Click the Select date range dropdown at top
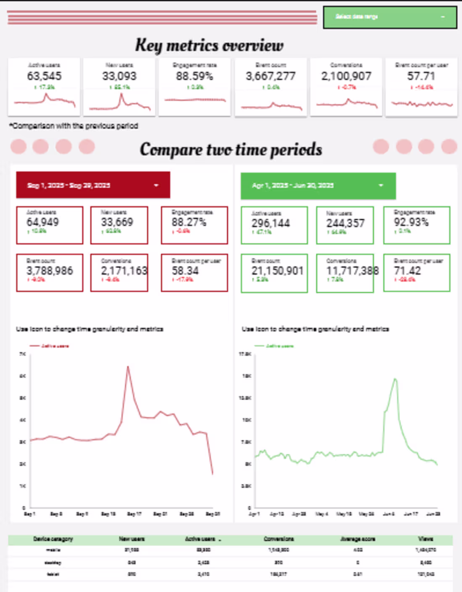point(390,17)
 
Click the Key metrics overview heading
point(209,45)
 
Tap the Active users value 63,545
point(44,76)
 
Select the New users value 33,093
point(119,76)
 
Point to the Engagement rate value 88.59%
point(194,76)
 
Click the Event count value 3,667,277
point(270,76)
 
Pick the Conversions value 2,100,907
point(346,76)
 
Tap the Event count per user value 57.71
point(421,76)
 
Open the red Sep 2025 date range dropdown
point(93,185)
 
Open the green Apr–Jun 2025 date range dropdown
point(318,185)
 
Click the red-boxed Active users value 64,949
point(42,222)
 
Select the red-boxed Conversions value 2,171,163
point(124,271)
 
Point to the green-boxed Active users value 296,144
point(270,224)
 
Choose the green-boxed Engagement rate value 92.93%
point(411,222)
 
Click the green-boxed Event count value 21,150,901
point(277,271)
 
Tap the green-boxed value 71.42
point(407,271)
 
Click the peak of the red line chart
point(128,367)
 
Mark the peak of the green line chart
point(395,379)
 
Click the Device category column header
point(53,539)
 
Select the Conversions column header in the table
point(278,539)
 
